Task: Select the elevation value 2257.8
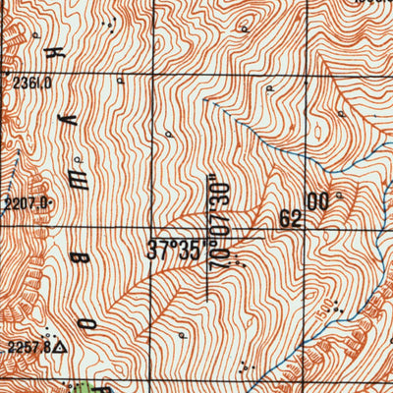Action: (28, 347)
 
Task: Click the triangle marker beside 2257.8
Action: (61, 347)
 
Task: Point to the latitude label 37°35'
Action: (174, 250)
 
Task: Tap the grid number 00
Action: (317, 201)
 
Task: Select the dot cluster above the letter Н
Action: (114, 28)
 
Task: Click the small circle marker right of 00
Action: (338, 196)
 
